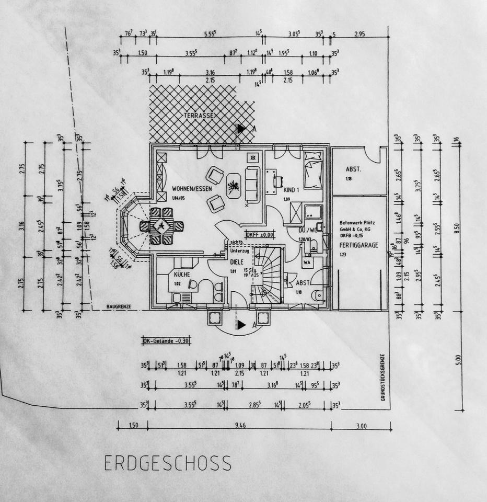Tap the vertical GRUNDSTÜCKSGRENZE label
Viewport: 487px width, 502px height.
(383, 376)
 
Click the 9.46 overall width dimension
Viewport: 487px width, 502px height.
(240, 426)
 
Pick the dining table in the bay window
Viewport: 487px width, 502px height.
(161, 226)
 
